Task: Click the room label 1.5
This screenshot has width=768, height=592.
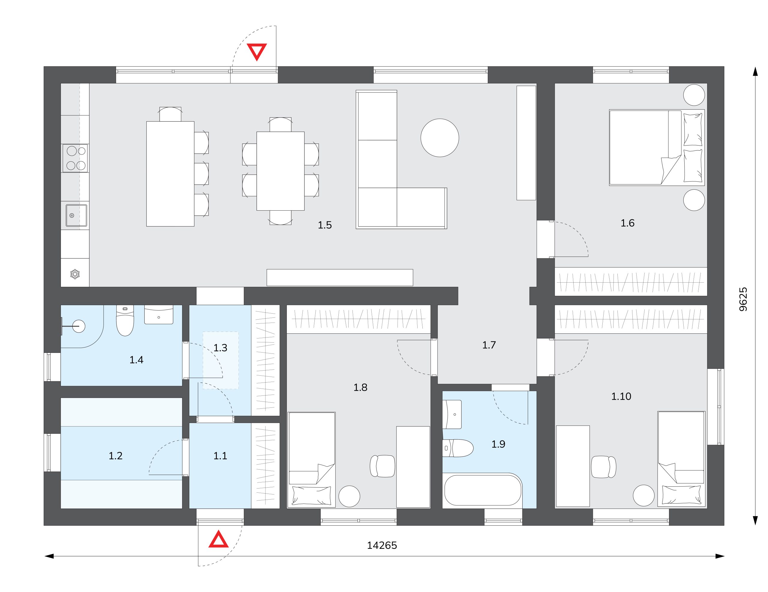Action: click(325, 225)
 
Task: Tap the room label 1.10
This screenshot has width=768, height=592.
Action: click(621, 396)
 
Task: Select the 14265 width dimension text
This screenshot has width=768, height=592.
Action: click(382, 545)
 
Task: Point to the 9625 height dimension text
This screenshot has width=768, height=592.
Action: click(743, 299)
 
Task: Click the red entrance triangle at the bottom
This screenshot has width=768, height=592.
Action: click(218, 540)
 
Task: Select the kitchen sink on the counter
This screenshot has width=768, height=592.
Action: click(76, 215)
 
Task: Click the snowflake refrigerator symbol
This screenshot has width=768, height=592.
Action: click(75, 274)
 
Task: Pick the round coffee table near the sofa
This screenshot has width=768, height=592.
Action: click(439, 137)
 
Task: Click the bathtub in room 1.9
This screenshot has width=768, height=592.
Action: click(483, 490)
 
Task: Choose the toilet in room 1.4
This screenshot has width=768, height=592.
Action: click(125, 321)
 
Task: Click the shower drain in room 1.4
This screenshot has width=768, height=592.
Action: click(79, 326)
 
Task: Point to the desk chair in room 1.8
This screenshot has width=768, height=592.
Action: click(382, 466)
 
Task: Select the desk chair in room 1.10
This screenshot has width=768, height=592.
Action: click(603, 467)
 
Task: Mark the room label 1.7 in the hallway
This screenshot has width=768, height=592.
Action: click(489, 345)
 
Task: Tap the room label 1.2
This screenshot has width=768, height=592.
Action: click(115, 456)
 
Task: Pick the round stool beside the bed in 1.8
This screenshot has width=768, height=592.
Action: click(349, 496)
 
